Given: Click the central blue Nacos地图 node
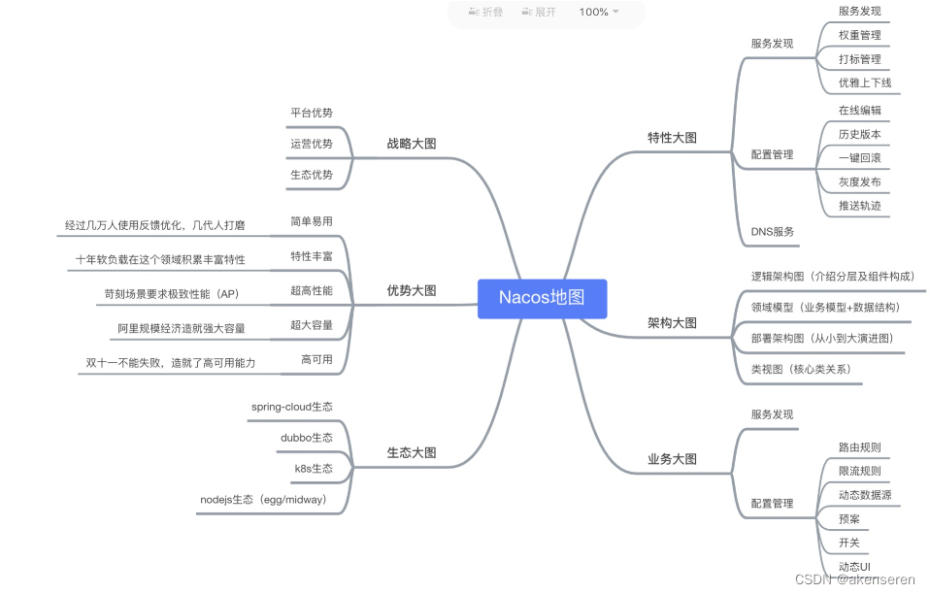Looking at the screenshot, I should click(542, 298).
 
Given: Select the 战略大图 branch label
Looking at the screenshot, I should click(412, 144).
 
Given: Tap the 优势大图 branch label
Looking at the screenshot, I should click(412, 290).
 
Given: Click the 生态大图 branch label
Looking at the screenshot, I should click(412, 452).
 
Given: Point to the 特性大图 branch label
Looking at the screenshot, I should click(672, 138).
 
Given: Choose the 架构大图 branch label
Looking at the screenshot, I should click(672, 323).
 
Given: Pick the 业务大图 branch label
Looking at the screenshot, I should click(672, 459).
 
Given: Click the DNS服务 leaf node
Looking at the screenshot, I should click(773, 232).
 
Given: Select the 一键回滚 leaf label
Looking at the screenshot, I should click(860, 158).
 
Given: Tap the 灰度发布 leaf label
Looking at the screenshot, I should click(860, 182).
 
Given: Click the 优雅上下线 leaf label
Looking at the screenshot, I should click(864, 82).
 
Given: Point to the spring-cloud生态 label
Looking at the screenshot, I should click(291, 407).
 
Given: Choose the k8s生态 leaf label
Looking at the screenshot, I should click(314, 469).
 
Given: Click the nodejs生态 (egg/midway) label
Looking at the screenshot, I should click(263, 500).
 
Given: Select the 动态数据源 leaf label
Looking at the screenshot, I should click(864, 495).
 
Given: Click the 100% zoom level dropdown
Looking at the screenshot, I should click(598, 12).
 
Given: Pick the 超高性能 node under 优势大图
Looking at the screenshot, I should click(312, 290).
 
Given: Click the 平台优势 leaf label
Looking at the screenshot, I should click(312, 113).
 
